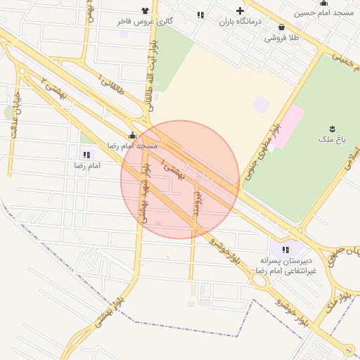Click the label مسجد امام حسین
(323, 13)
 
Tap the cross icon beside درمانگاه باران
(240, 11)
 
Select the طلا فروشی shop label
(281, 37)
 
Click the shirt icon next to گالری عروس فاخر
(145, 11)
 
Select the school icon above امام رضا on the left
(86, 155)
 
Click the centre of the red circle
(181, 180)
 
